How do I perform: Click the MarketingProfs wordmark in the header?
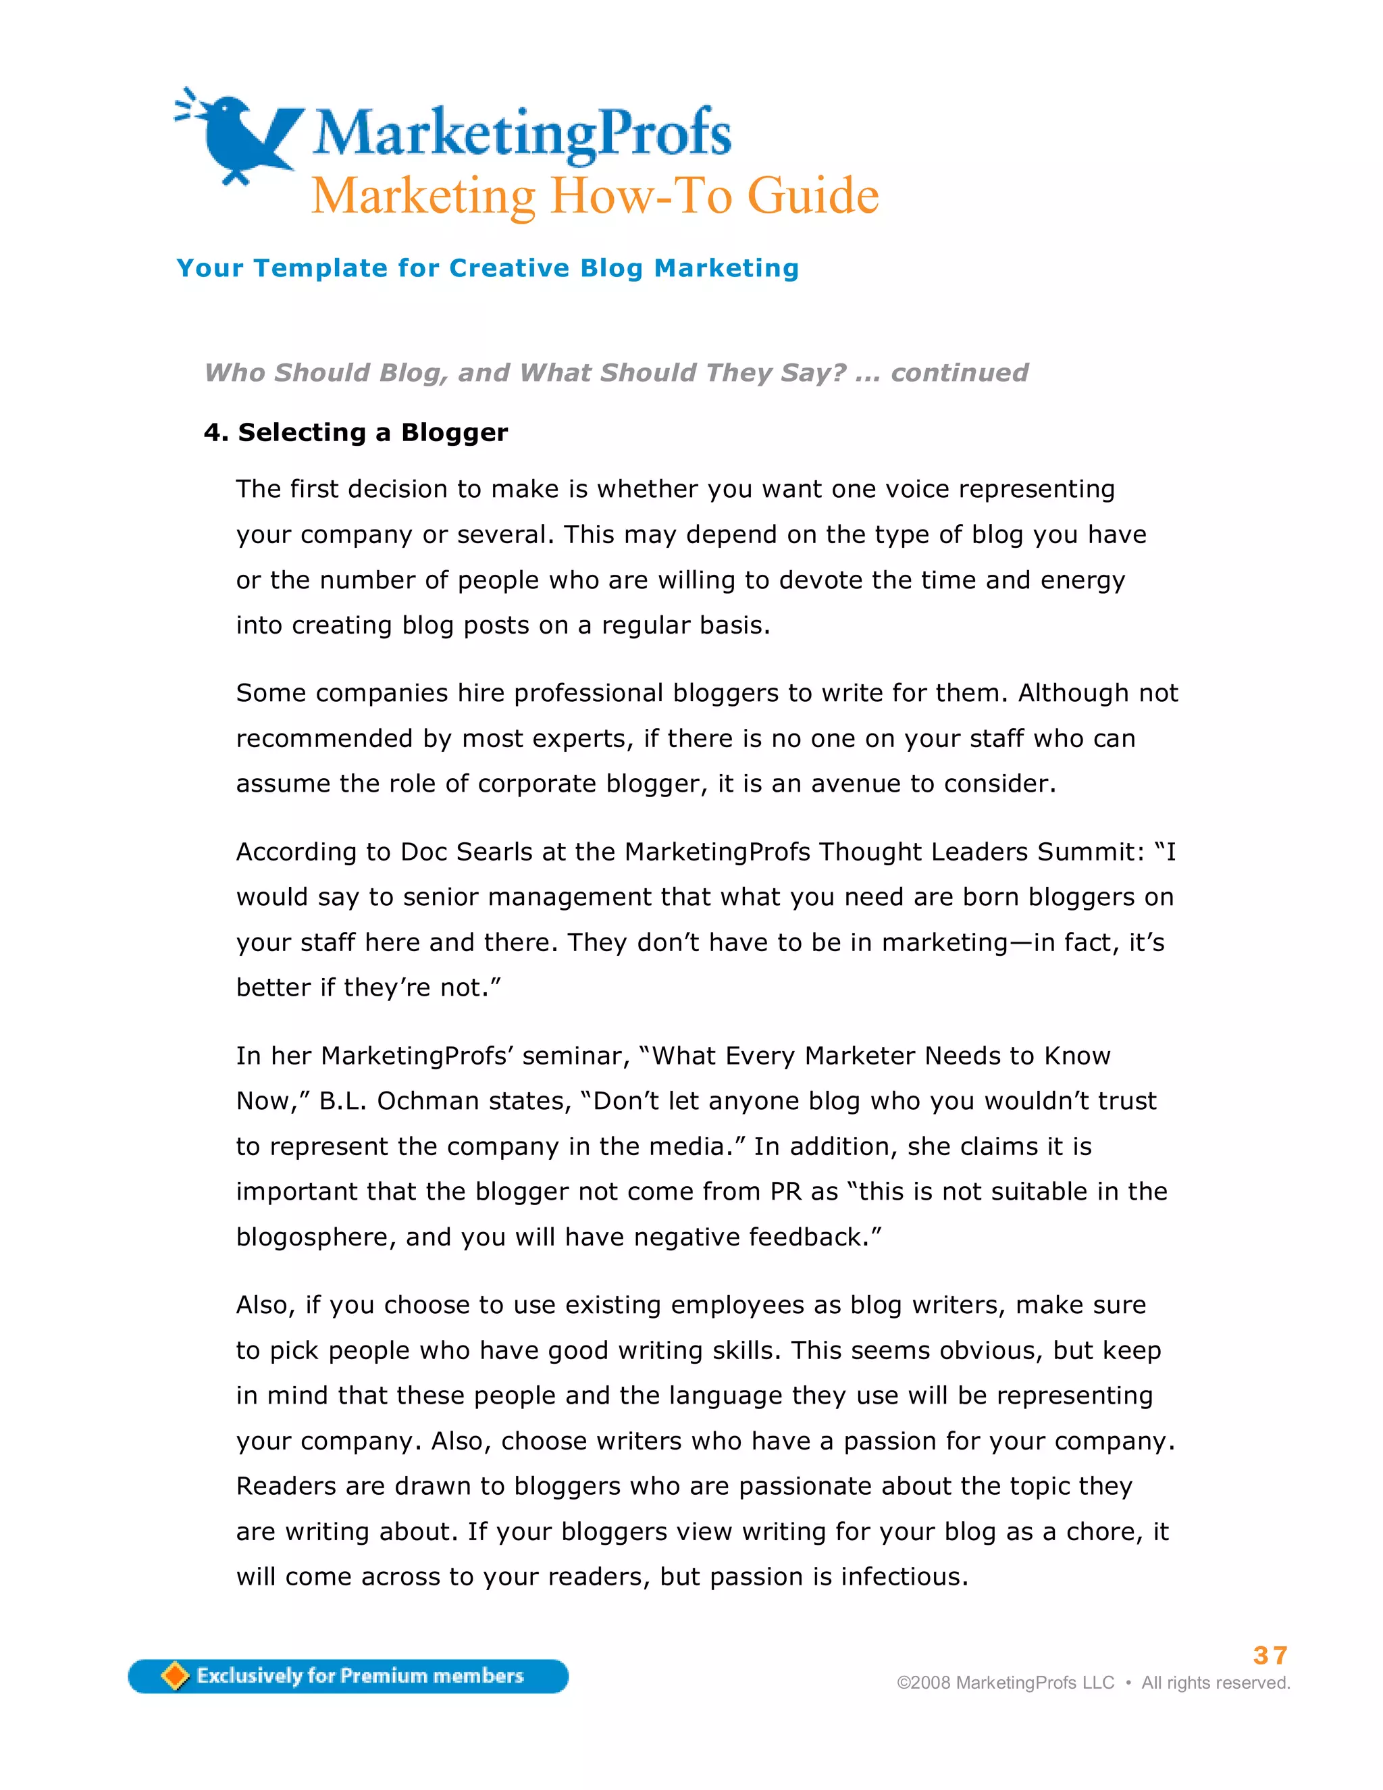pos(522,133)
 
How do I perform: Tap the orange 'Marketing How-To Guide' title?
pos(595,196)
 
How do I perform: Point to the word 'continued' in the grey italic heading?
pos(960,373)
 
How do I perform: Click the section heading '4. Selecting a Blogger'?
pos(356,433)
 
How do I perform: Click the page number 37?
pos(1270,1655)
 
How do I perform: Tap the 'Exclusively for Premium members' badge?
pos(348,1676)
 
